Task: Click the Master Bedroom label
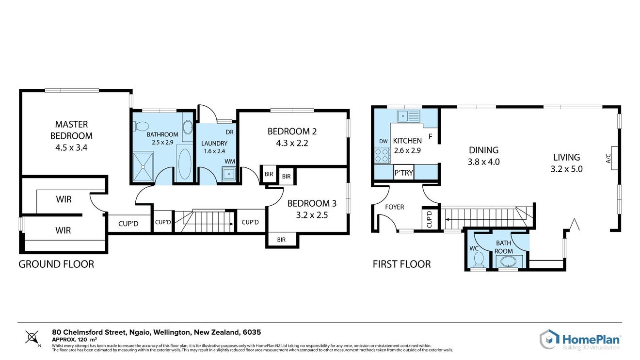click(71, 130)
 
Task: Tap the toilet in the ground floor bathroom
click(141, 126)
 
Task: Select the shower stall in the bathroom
click(143, 167)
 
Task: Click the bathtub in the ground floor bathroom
click(185, 164)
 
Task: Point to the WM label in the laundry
click(230, 162)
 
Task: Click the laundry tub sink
click(229, 174)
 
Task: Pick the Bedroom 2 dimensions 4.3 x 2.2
click(292, 143)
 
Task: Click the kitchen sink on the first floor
click(409, 116)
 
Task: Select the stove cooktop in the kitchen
click(382, 155)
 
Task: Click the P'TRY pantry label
click(404, 173)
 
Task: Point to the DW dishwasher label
click(384, 141)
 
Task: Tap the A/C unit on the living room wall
click(614, 158)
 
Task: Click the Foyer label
click(395, 207)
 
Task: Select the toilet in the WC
click(478, 259)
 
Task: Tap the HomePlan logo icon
click(549, 339)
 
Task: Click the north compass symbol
click(32, 337)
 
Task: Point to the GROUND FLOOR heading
click(56, 264)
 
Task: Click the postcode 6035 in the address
click(252, 332)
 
